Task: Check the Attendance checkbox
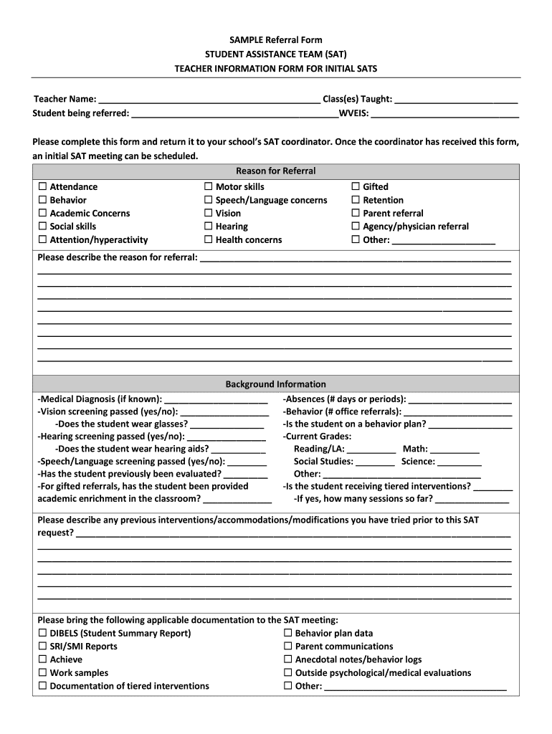tap(42, 187)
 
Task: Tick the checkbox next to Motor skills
tap(209, 187)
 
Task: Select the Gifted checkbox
tap(356, 187)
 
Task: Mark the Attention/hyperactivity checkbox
tap(42, 240)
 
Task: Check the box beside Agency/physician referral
tap(356, 227)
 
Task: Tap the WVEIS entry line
tap(444, 114)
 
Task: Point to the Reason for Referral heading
tap(275, 171)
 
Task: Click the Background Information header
tap(275, 384)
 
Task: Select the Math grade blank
tap(455, 450)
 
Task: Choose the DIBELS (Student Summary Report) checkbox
tap(42, 634)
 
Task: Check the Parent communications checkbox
tap(287, 647)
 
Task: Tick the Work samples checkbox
tap(42, 673)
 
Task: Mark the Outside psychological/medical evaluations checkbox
tap(287, 673)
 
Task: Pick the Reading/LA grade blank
tap(371, 450)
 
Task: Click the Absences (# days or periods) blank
tap(460, 400)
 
